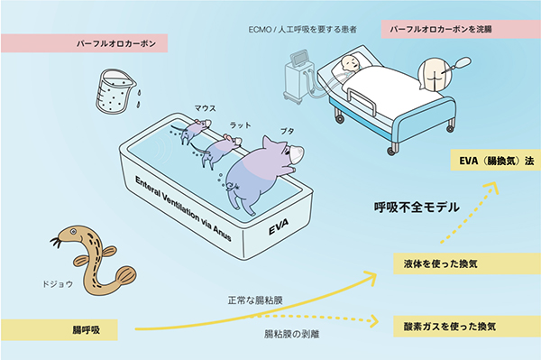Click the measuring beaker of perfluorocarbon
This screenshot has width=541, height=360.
[x=109, y=90]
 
